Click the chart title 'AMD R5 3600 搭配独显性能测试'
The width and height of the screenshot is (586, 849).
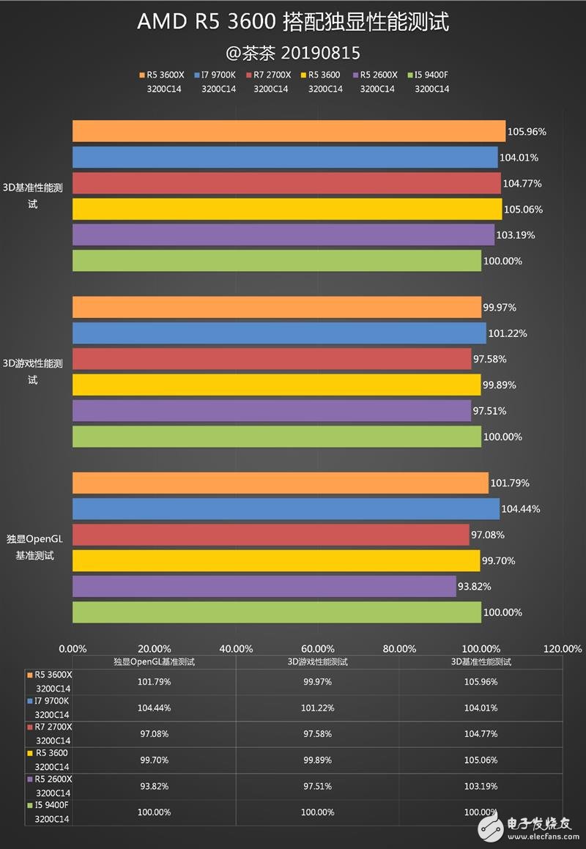tap(293, 23)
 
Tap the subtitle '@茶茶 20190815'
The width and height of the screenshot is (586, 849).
tap(293, 53)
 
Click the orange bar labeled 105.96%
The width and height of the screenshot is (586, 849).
tap(289, 131)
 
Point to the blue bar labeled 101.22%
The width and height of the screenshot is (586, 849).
tap(279, 333)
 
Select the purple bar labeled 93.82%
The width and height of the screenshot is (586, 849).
tap(264, 586)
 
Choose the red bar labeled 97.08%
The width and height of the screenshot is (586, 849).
tap(270, 535)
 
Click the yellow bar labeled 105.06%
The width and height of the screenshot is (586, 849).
tap(287, 209)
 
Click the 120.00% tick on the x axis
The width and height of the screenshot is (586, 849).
tap(563, 648)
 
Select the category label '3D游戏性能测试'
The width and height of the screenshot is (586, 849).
tap(33, 371)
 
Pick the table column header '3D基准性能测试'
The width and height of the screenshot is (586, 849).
tap(481, 661)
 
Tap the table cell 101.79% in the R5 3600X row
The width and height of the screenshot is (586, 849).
tap(154, 682)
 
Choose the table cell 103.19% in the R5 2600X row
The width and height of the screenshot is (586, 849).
tap(481, 786)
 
